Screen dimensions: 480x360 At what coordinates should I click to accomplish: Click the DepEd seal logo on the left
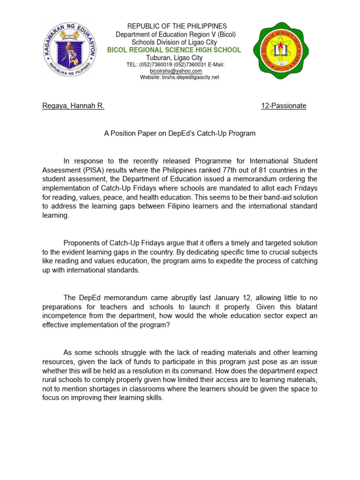click(69, 49)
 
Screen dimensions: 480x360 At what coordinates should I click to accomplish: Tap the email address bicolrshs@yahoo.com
click(176, 71)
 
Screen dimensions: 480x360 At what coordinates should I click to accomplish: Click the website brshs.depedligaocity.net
click(180, 77)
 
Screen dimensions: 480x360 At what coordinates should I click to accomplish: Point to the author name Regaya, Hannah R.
click(73, 106)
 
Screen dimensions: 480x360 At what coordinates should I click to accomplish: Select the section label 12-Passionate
click(283, 106)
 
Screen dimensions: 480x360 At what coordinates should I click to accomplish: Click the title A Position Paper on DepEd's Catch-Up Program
click(180, 134)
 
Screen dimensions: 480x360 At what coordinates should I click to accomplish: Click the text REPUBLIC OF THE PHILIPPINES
click(177, 26)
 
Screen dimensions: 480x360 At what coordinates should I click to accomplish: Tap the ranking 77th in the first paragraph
click(240, 170)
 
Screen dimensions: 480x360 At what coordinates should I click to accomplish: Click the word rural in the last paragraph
click(51, 379)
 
